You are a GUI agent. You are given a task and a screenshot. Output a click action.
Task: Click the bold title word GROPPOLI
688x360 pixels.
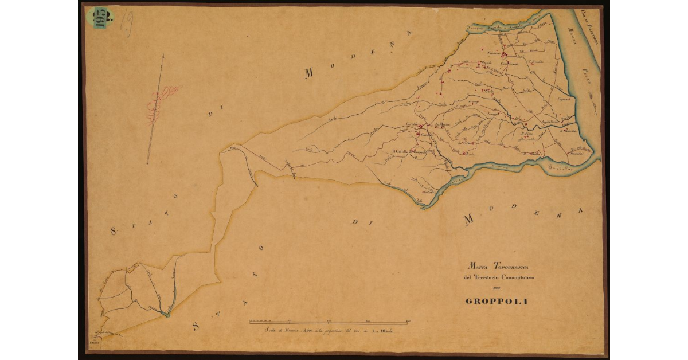pos(497,301)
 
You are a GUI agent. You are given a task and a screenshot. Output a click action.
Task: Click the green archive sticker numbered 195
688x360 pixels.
pos(99,17)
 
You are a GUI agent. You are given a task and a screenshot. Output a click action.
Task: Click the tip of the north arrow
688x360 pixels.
pos(163,56)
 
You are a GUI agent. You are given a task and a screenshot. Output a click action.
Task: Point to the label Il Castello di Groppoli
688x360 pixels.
pos(409,152)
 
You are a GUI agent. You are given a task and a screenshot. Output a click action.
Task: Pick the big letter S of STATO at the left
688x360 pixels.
pos(114,232)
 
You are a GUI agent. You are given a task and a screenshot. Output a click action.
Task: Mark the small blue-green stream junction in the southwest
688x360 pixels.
pos(167,314)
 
